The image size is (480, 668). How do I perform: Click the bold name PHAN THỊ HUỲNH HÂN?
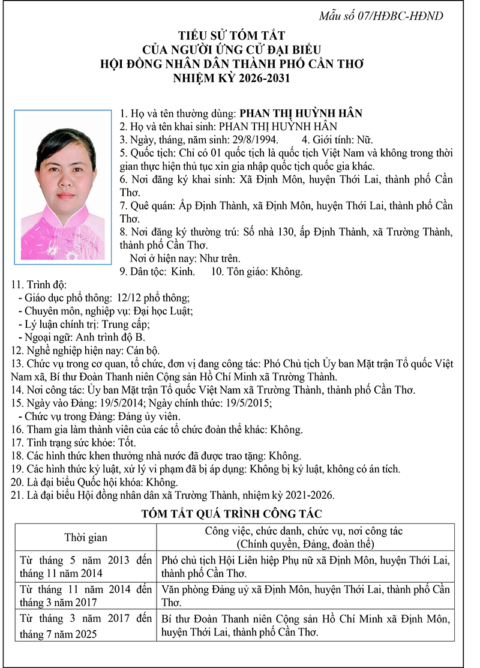(301, 113)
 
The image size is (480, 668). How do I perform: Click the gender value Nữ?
(365, 139)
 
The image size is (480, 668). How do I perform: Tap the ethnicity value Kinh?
(183, 271)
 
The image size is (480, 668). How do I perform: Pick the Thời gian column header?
(86, 538)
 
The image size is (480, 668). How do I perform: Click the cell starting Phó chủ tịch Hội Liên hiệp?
(305, 565)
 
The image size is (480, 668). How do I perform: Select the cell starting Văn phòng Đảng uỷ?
(305, 595)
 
